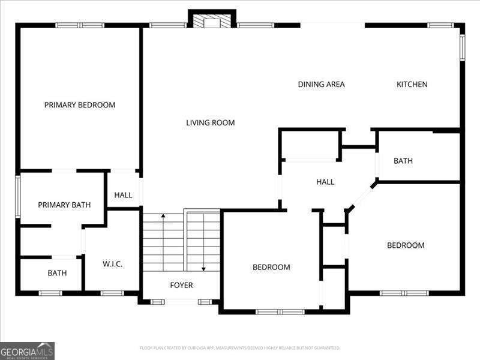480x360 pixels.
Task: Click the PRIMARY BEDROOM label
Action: pyautogui.click(x=80, y=105)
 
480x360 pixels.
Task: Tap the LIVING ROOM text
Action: pyautogui.click(x=210, y=123)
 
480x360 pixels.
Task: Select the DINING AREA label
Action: pyautogui.click(x=321, y=85)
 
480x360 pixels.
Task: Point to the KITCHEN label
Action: pyautogui.click(x=412, y=85)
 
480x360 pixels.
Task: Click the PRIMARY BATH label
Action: pyautogui.click(x=64, y=205)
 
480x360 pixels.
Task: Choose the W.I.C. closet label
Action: pyautogui.click(x=112, y=264)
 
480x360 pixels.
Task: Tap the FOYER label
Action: pyautogui.click(x=181, y=285)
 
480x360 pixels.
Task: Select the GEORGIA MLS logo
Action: pyautogui.click(x=27, y=350)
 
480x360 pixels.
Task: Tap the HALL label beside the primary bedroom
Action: pyautogui.click(x=123, y=195)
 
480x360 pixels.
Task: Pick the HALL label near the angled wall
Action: pyautogui.click(x=325, y=182)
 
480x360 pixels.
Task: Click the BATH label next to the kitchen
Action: pyautogui.click(x=403, y=161)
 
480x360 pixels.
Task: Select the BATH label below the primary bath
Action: pyautogui.click(x=57, y=273)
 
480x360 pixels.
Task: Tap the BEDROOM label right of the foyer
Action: pyautogui.click(x=271, y=267)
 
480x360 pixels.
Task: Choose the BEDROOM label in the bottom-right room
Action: pyautogui.click(x=406, y=245)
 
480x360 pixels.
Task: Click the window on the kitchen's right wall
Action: pyautogui.click(x=462, y=48)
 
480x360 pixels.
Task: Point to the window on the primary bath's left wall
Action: pyautogui.click(x=18, y=196)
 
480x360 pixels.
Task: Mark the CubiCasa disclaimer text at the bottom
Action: pyautogui.click(x=240, y=348)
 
